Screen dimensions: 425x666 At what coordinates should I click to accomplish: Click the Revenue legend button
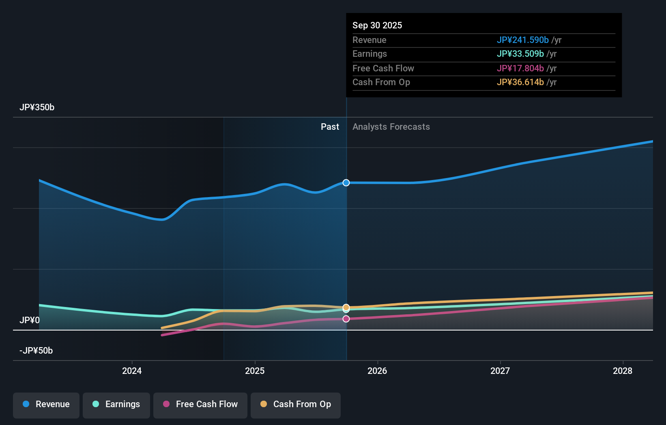pos(46,405)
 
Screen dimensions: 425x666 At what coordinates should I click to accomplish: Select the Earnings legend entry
pos(116,405)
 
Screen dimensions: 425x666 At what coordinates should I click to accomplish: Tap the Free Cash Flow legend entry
pos(200,405)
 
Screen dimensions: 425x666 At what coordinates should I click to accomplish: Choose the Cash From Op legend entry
pos(296,405)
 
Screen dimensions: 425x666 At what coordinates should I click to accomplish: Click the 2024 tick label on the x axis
pos(132,371)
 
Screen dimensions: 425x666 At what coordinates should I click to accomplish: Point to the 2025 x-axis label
pos(255,371)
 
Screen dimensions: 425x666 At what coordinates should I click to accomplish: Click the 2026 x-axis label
pos(377,371)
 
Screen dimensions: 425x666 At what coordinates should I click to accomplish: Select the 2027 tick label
pos(500,371)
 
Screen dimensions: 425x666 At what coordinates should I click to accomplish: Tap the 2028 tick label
pos(622,371)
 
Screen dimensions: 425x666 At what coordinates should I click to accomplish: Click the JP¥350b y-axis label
pos(37,107)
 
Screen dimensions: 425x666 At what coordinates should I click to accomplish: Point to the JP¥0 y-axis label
pos(30,320)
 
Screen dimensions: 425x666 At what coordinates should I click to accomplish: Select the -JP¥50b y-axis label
pos(36,351)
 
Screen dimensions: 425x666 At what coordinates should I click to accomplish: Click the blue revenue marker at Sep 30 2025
pos(346,183)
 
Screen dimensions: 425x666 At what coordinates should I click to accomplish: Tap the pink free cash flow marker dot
pos(346,319)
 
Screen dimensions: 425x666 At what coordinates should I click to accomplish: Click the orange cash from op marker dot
pos(346,307)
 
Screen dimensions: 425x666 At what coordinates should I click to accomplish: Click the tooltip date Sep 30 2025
pos(377,26)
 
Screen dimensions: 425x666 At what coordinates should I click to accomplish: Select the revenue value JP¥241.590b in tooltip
pos(522,40)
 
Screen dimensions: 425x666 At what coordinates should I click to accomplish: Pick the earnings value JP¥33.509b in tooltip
pos(520,54)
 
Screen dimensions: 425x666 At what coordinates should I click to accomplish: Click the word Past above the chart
pos(330,127)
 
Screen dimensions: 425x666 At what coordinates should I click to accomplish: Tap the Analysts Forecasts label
pos(391,127)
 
